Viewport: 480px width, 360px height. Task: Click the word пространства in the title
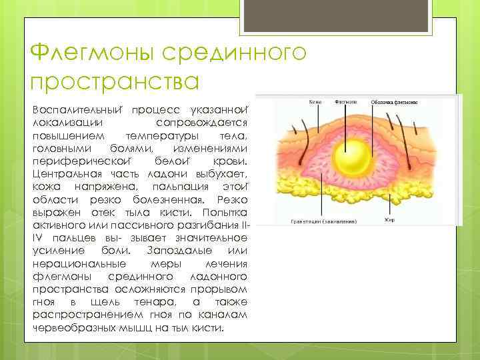tap(115, 82)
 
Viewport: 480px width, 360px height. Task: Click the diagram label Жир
tap(389, 219)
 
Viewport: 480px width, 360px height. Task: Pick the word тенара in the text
tap(159, 304)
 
